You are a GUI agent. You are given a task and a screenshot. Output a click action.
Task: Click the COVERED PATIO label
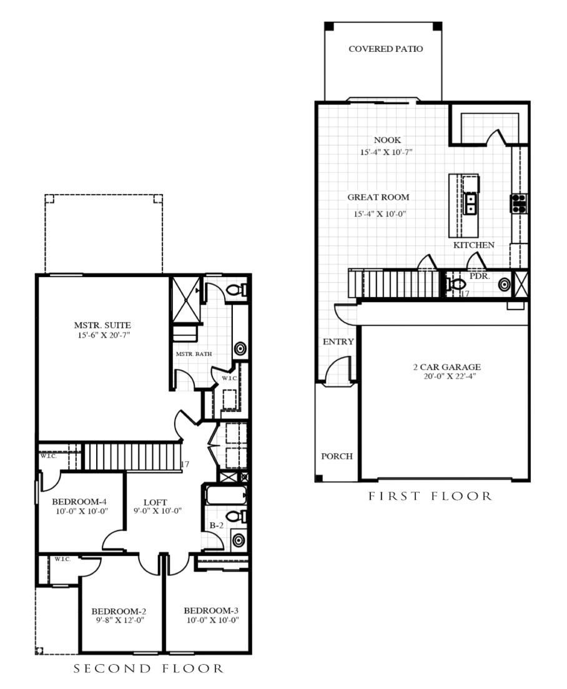385,49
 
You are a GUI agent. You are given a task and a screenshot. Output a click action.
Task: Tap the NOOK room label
387,140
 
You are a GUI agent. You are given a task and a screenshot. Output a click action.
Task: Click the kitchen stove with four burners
518,203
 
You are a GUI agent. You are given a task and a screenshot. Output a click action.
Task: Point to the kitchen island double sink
470,203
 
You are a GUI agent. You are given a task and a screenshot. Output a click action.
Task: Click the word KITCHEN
474,245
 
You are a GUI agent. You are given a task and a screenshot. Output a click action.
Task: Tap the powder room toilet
457,284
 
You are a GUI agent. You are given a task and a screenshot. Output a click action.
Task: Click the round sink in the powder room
504,285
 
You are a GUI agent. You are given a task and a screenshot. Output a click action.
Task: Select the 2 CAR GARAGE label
446,367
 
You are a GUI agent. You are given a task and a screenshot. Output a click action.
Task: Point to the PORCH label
337,456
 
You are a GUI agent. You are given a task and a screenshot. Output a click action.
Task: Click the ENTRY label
338,342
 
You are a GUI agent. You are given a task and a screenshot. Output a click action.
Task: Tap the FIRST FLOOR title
430,497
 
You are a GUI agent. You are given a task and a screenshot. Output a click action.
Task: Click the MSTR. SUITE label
102,325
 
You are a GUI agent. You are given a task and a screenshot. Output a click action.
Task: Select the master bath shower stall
185,300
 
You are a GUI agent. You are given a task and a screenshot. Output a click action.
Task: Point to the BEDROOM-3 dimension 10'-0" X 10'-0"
211,620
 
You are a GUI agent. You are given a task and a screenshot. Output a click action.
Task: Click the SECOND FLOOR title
148,669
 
